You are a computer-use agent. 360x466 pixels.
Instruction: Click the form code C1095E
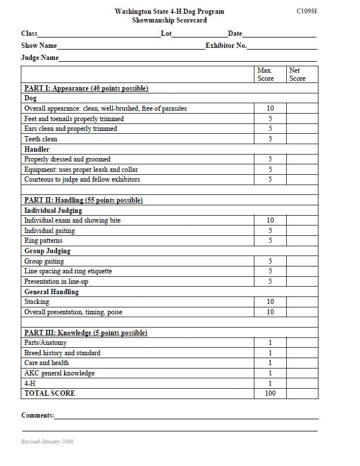click(306, 11)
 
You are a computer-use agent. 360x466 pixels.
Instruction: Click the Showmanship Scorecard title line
click(169, 20)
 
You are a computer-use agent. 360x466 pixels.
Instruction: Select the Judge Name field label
click(40, 58)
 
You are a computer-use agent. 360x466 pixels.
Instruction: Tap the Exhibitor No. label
click(226, 46)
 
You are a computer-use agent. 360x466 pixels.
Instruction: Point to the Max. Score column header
click(265, 74)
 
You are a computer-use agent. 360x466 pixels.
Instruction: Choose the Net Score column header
click(297, 74)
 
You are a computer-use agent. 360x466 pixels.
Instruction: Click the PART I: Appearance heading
click(86, 88)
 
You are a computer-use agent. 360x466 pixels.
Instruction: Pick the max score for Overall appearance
click(270, 108)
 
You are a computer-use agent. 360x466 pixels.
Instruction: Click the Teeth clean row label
click(41, 139)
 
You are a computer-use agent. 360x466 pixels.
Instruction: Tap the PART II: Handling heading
click(83, 200)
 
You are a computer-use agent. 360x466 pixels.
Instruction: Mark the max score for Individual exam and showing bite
click(270, 220)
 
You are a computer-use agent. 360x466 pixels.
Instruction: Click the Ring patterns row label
click(43, 240)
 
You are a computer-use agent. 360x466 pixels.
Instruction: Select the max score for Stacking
click(270, 302)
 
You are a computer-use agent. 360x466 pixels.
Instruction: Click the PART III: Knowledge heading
click(85, 333)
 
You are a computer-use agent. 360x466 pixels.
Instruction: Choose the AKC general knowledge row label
click(59, 373)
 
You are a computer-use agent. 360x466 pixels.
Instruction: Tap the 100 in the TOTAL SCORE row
click(270, 393)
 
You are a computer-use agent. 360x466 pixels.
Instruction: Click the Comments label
click(37, 415)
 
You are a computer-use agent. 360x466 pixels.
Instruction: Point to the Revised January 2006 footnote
click(47, 442)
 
